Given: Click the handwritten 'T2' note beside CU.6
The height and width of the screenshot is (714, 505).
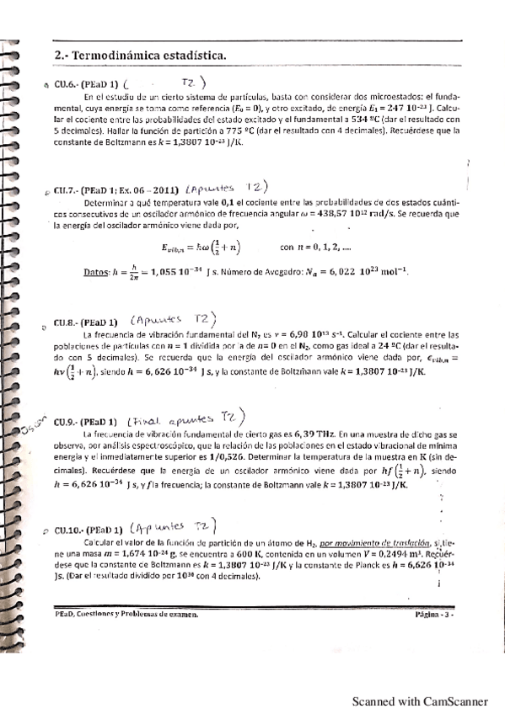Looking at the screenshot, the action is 191,83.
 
